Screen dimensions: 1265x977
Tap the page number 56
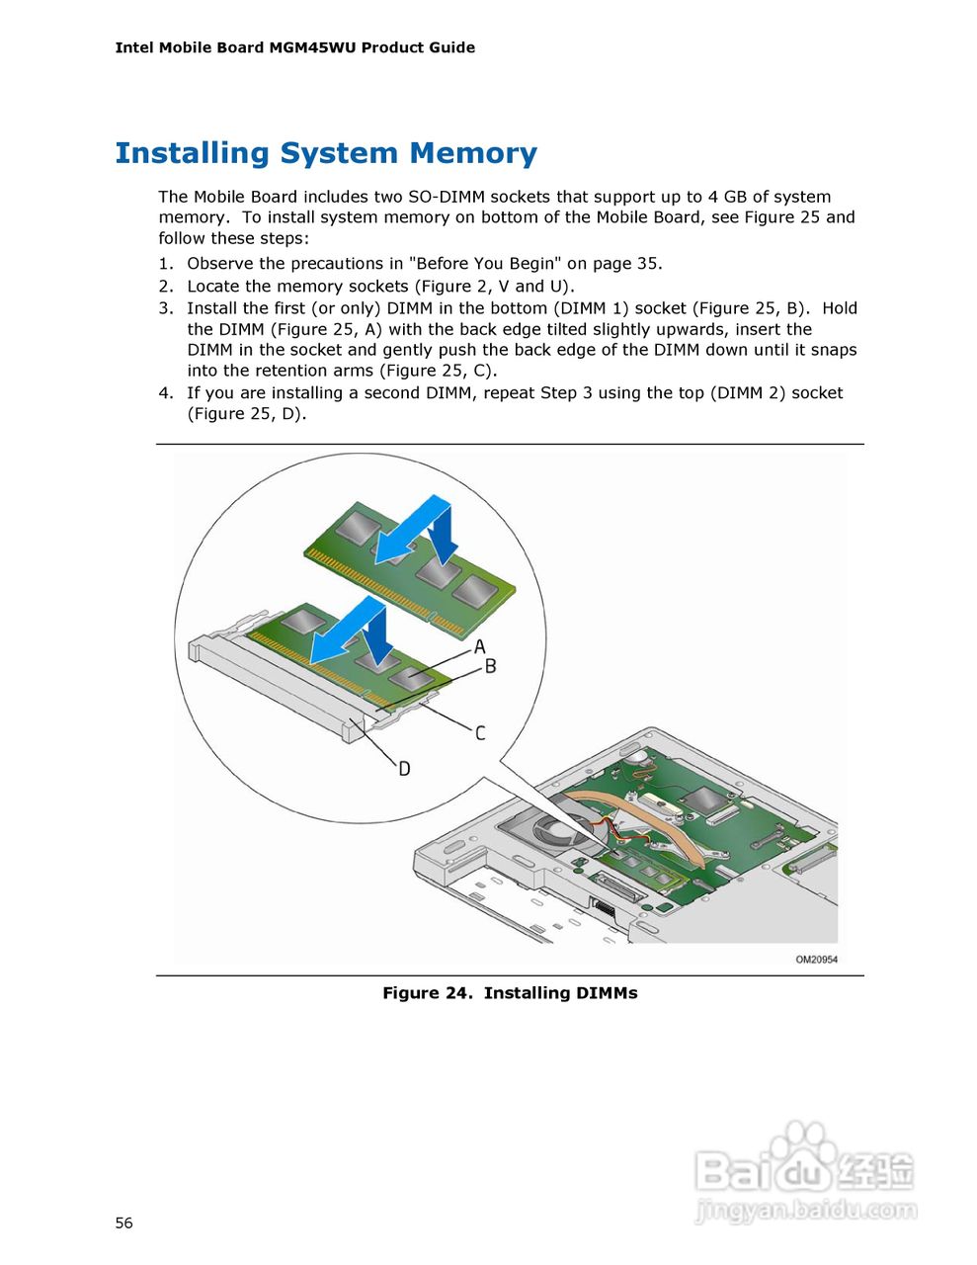click(123, 1223)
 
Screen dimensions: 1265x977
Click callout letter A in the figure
click(480, 647)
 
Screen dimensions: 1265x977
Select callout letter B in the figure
click(490, 667)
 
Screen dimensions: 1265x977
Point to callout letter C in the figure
click(480, 733)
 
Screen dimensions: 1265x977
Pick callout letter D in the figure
click(404, 769)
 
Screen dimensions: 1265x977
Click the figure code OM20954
click(816, 960)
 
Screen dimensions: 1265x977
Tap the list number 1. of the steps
click(166, 264)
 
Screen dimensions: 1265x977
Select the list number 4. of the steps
click(166, 393)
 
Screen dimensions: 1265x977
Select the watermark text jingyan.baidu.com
click(805, 1210)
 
